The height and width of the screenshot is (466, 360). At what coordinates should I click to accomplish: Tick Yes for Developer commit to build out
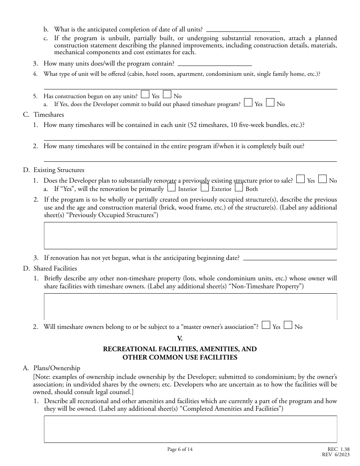click(x=248, y=103)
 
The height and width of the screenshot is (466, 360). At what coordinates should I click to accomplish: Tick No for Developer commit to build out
click(x=270, y=103)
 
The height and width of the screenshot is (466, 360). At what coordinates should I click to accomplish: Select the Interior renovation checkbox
click(x=171, y=188)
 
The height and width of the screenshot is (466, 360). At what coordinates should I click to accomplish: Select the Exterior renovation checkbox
click(x=205, y=188)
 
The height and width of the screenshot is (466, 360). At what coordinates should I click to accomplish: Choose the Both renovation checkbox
click(x=239, y=188)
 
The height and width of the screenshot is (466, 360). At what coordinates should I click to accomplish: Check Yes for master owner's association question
click(x=266, y=325)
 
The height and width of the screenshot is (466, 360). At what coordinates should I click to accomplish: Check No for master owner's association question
click(x=288, y=325)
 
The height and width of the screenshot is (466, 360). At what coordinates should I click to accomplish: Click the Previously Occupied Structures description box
click(x=190, y=235)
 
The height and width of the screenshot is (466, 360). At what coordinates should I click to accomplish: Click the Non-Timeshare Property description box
click(x=190, y=306)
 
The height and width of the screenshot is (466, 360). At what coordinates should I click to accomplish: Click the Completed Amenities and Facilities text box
click(x=190, y=429)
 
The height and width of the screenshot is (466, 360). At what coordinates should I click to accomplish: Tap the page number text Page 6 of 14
click(x=180, y=449)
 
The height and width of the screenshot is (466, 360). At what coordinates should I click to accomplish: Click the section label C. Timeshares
click(x=44, y=114)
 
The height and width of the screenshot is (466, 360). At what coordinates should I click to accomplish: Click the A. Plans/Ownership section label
click(x=52, y=368)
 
